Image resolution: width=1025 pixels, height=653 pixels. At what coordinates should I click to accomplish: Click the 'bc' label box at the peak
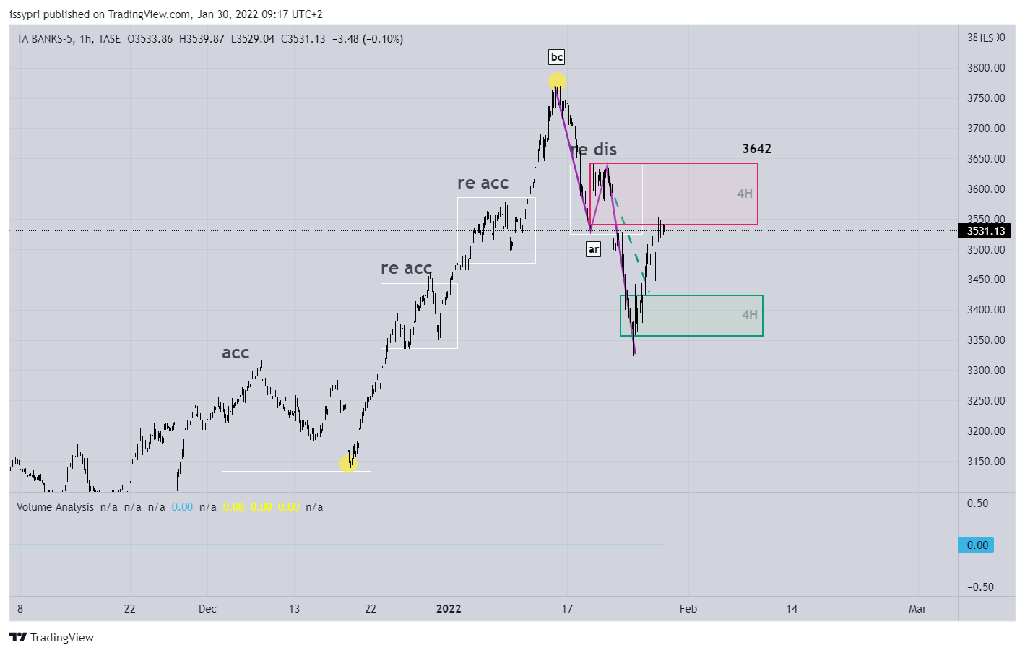click(x=556, y=57)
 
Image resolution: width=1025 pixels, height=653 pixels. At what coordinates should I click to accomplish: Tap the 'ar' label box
click(x=593, y=249)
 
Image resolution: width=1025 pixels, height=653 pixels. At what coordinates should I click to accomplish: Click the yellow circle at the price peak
click(x=557, y=81)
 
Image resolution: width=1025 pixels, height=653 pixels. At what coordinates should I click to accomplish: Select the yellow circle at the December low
click(x=348, y=463)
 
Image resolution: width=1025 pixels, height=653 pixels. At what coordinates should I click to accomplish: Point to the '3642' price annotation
click(x=756, y=149)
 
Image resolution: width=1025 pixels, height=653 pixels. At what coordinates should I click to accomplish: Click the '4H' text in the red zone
click(x=745, y=194)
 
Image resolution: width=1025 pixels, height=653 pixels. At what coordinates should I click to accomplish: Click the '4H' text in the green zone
click(x=750, y=315)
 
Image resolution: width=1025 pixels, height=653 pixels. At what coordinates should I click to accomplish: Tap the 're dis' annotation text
click(x=594, y=150)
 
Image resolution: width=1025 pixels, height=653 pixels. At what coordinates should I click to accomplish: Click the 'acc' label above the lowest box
click(x=235, y=353)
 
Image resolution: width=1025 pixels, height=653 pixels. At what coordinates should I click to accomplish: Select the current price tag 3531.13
click(x=985, y=231)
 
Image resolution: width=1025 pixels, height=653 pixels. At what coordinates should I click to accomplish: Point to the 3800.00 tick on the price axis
click(x=986, y=68)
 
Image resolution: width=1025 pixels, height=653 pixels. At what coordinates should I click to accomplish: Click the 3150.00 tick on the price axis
click(x=986, y=462)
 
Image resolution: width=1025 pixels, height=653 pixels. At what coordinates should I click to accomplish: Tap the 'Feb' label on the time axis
click(x=688, y=609)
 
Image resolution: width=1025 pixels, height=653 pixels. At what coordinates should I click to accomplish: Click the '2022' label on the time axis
click(x=449, y=609)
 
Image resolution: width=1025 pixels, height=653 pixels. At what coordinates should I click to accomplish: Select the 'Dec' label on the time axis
click(x=207, y=609)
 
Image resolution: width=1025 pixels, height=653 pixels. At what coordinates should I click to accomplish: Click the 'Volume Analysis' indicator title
click(x=55, y=507)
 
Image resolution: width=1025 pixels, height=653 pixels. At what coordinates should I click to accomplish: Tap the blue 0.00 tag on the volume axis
click(x=977, y=545)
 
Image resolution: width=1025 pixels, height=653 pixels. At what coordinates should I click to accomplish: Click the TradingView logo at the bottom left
click(x=51, y=637)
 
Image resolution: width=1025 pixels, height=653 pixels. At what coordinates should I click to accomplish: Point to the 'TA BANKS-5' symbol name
click(x=45, y=39)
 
